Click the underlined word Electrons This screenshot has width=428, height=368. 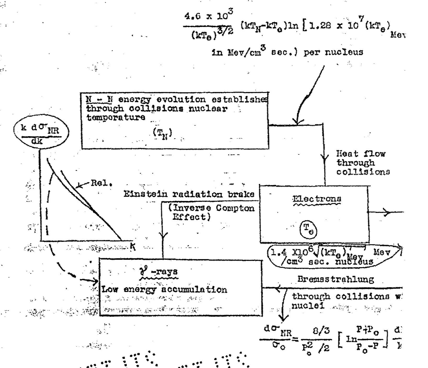[316, 199]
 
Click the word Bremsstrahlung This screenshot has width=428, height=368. [336, 279]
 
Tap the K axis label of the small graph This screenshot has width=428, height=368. [133, 246]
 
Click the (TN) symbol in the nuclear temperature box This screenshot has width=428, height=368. [162, 134]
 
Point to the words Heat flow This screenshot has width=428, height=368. [361, 154]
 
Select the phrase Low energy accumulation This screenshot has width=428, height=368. [164, 290]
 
